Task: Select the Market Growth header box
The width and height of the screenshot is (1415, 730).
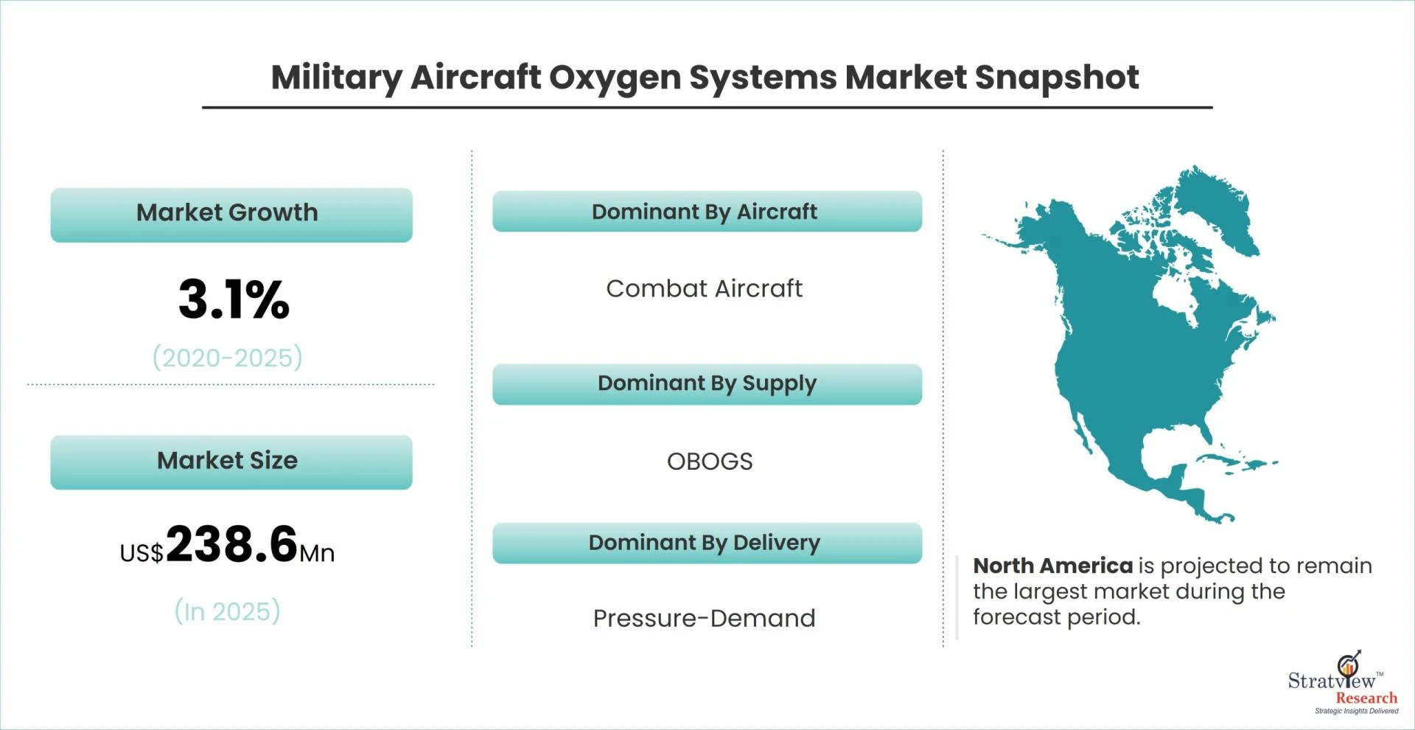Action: pyautogui.click(x=231, y=215)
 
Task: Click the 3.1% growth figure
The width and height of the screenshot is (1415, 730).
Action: pyautogui.click(x=234, y=299)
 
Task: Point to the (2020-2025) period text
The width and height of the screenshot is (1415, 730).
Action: pyautogui.click(x=228, y=358)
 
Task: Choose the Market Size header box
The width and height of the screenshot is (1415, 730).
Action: pyautogui.click(x=231, y=462)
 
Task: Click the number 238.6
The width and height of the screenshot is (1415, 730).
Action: pyautogui.click(x=231, y=544)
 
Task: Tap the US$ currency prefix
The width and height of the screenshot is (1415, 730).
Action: pyautogui.click(x=141, y=553)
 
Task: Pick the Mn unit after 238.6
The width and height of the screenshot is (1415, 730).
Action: pyautogui.click(x=317, y=553)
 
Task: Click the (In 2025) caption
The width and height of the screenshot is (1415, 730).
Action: pyautogui.click(x=228, y=611)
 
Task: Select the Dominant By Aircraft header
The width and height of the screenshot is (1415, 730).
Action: pyautogui.click(x=707, y=212)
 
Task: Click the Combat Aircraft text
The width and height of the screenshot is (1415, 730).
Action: pyautogui.click(x=704, y=288)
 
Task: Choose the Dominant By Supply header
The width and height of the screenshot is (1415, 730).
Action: pyautogui.click(x=707, y=384)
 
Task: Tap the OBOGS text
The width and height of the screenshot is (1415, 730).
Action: pyautogui.click(x=710, y=462)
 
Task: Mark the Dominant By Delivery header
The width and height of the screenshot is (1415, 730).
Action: pyautogui.click(x=707, y=543)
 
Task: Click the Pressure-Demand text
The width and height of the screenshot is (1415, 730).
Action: pyautogui.click(x=704, y=618)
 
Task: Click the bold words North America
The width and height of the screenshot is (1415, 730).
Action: pyautogui.click(x=1052, y=566)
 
